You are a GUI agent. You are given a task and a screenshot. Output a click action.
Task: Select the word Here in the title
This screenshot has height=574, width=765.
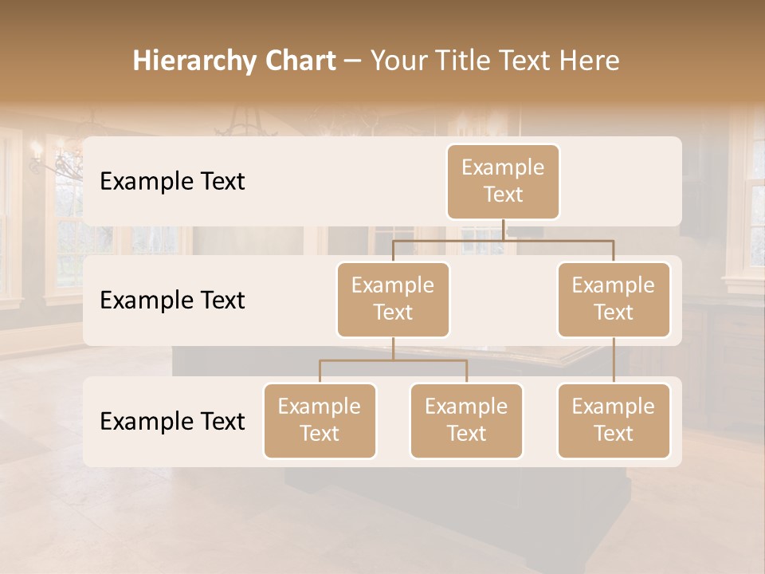click(x=590, y=61)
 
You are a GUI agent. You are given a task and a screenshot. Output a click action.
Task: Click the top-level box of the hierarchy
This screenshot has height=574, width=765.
click(x=503, y=181)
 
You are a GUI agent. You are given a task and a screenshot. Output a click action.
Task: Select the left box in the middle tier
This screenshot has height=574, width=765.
click(x=393, y=299)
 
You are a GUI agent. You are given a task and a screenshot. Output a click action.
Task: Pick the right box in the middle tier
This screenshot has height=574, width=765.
click(x=614, y=299)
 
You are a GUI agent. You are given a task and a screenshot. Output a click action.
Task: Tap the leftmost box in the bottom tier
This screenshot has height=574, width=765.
click(x=320, y=420)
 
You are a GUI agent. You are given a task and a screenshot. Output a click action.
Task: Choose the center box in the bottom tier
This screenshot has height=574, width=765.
click(x=466, y=420)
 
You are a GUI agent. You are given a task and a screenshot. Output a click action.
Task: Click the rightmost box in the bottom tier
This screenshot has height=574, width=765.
click(x=614, y=420)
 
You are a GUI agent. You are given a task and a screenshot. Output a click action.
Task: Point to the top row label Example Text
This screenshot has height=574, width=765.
click(x=172, y=181)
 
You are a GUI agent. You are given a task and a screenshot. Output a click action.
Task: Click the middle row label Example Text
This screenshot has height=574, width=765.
click(x=172, y=300)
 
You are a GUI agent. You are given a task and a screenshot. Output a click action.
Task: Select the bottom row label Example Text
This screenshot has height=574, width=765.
click(x=172, y=421)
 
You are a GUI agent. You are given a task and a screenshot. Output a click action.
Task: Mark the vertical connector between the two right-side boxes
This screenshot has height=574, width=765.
click(x=614, y=360)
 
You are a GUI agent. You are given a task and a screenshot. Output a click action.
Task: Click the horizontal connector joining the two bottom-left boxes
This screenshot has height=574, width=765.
click(x=393, y=360)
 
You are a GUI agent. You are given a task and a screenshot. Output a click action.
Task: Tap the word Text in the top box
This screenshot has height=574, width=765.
click(x=503, y=195)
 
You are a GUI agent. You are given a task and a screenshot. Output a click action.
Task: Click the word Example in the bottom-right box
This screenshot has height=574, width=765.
click(x=614, y=407)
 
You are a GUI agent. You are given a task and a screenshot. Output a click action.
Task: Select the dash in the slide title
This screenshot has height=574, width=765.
click(x=352, y=61)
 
